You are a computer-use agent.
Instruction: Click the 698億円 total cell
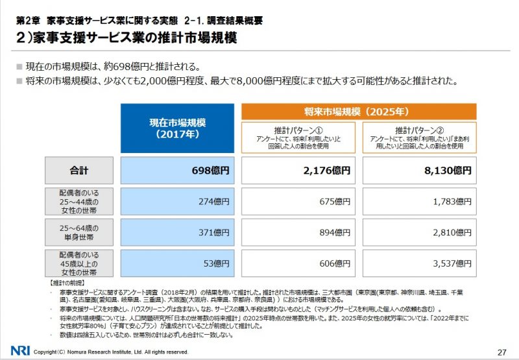(177, 171)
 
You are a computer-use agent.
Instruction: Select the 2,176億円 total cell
(298, 171)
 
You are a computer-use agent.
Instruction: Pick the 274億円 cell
(177, 201)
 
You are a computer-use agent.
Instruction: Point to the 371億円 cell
(177, 232)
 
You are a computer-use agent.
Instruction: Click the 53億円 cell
(177, 263)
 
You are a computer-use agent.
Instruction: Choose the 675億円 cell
(298, 201)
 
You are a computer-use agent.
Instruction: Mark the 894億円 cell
(298, 232)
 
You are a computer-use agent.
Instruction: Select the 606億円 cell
(298, 263)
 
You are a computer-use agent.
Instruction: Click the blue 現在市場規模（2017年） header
(177, 128)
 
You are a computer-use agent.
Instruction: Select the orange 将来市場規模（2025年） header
(359, 111)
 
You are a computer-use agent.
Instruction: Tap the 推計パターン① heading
(298, 129)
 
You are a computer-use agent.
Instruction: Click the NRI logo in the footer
(19, 351)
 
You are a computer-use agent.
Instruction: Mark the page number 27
(501, 352)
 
